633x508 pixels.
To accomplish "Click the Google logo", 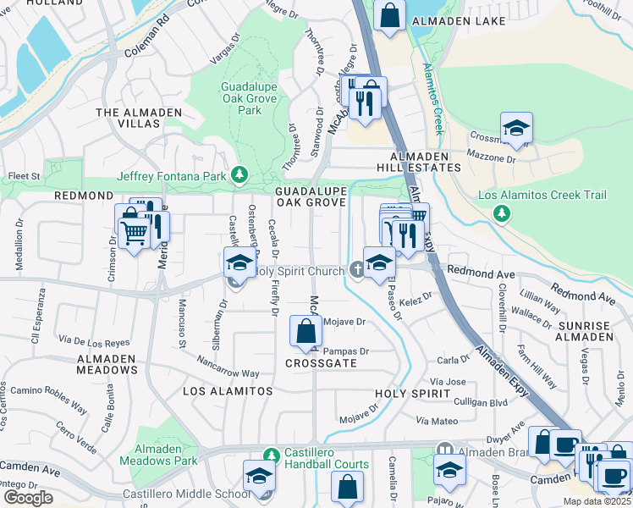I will coord(27,498).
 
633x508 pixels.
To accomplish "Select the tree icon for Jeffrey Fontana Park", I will coord(240,175).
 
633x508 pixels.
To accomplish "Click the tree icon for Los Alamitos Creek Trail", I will coord(502,212).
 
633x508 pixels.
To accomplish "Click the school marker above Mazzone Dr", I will coord(516,128).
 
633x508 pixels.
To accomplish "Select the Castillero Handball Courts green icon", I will coord(271,456).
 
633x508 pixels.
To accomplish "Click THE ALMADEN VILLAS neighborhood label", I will coord(127,118).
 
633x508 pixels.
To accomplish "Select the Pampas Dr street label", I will coord(347,351).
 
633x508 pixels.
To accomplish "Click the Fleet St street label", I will coord(24,176).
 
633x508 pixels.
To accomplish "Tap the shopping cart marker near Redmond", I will coord(133,229).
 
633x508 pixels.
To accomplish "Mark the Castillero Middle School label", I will coord(174,494).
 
